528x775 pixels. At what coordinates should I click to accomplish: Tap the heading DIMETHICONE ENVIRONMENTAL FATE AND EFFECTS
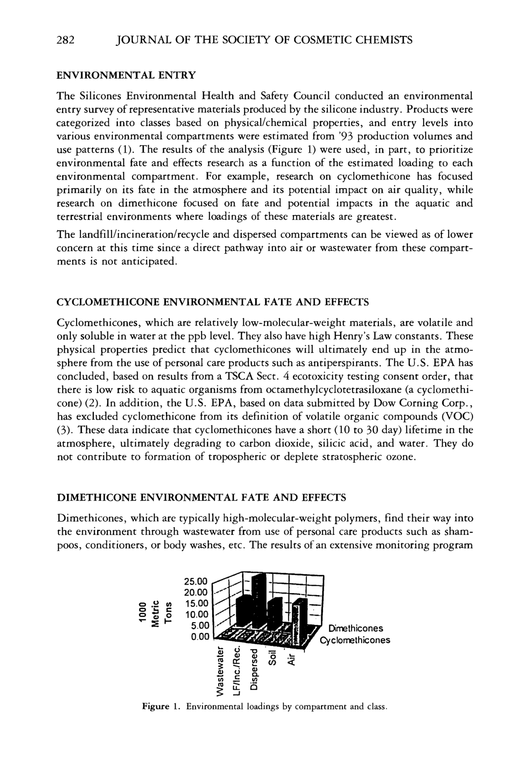tap(202, 497)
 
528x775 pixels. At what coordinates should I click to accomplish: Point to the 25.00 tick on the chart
tap(196, 582)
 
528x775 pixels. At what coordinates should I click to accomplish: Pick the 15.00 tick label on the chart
tap(196, 604)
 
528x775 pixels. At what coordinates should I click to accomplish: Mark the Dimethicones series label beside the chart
tap(356, 628)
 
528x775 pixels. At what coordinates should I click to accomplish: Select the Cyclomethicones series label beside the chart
tap(355, 640)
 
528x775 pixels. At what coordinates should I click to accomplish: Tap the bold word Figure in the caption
tap(156, 706)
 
